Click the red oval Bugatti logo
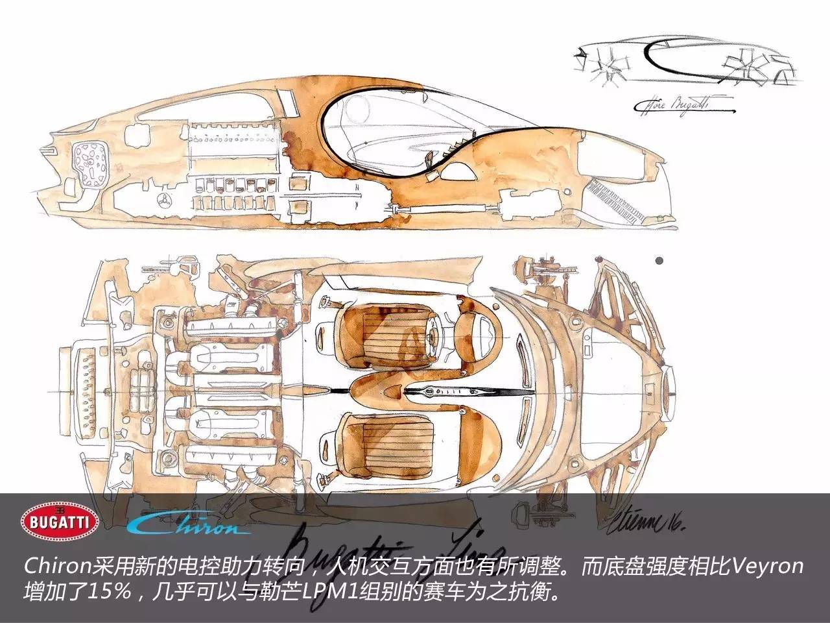[x=60, y=521]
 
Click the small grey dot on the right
[x=659, y=261]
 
